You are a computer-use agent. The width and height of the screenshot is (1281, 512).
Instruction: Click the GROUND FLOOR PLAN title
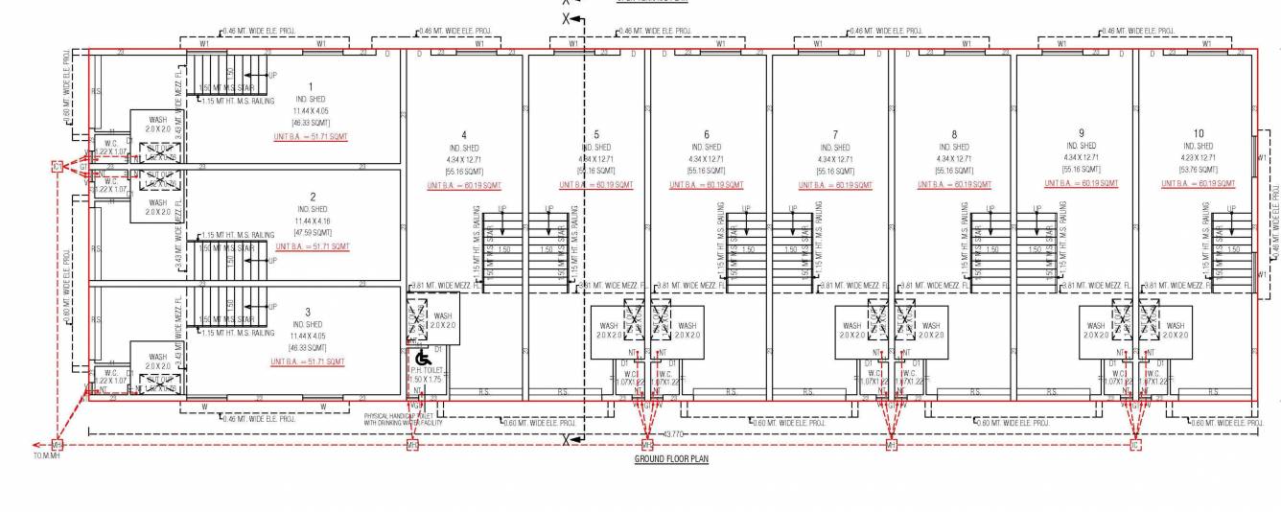[671, 459]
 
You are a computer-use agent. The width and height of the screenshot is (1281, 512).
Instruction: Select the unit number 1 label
[311, 87]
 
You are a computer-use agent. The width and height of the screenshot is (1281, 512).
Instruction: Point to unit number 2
[313, 197]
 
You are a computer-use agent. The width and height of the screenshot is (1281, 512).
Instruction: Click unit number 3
[308, 312]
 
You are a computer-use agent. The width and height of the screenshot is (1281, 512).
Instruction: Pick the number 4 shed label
[464, 134]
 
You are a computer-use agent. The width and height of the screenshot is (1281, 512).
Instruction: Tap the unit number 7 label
[835, 134]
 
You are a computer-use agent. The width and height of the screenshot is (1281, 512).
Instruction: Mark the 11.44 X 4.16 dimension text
[312, 221]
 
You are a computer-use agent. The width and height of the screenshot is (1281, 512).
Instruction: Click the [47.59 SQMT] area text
[312, 231]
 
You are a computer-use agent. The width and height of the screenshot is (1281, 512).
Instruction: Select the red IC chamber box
[1136, 445]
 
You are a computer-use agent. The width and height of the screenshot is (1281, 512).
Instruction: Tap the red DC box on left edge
[58, 167]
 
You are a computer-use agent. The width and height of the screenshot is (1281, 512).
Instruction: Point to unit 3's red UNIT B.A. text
[308, 361]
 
